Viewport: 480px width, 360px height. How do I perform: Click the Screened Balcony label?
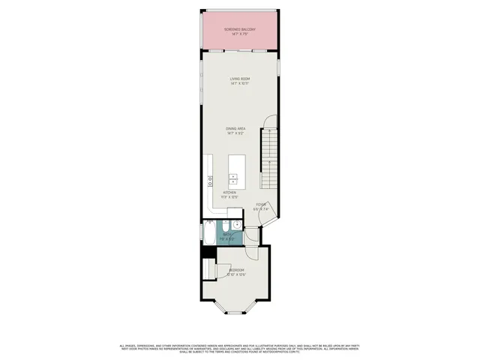(240, 29)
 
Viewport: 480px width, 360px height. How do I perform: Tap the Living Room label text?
(240, 79)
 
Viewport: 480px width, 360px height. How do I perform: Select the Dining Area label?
(236, 129)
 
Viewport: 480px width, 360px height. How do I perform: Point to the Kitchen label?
(229, 193)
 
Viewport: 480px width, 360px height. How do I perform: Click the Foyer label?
(261, 204)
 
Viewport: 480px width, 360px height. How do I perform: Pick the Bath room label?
(227, 235)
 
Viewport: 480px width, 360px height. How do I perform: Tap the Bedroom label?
(236, 270)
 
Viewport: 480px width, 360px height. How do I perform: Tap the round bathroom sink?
(237, 224)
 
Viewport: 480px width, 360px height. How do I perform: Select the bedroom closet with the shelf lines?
(209, 271)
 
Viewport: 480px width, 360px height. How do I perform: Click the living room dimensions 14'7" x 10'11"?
(240, 83)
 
